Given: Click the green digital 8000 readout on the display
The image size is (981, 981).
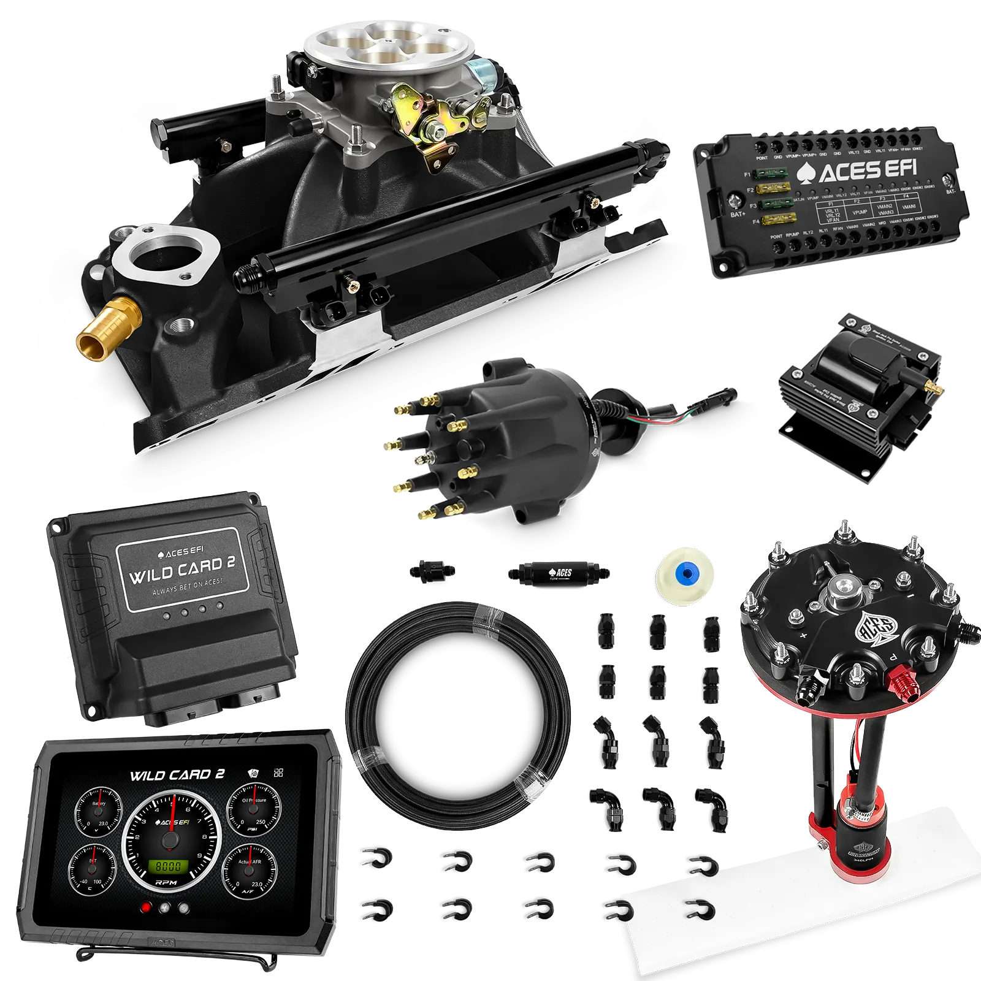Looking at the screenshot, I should pyautogui.click(x=169, y=866).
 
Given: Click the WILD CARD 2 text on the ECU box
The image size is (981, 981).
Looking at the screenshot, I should pyautogui.click(x=182, y=569).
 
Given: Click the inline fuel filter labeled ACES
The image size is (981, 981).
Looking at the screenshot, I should pyautogui.click(x=558, y=573).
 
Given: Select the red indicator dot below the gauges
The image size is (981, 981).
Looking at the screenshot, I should pyautogui.click(x=146, y=909).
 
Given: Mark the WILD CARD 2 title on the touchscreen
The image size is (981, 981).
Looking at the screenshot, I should pyautogui.click(x=177, y=775).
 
